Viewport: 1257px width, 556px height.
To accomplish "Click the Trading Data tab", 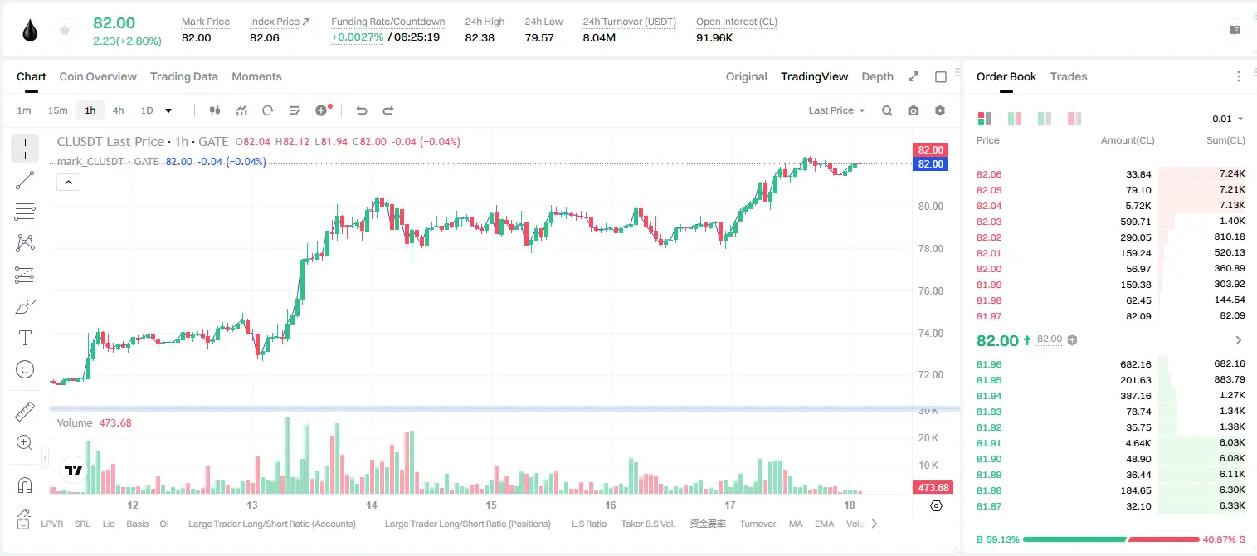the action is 183,76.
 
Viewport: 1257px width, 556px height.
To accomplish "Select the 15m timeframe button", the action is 57,110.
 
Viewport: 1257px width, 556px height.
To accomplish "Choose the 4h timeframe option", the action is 118,110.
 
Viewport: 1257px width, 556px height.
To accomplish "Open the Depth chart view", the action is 877,76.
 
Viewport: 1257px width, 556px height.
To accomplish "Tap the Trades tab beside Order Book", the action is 1069,76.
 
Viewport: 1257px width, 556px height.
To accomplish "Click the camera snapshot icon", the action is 914,110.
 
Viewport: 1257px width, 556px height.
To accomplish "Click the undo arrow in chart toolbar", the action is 362,110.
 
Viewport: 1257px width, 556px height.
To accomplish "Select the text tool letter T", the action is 25,338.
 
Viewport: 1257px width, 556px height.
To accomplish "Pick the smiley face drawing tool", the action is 25,369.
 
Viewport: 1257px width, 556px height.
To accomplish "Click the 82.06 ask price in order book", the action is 989,174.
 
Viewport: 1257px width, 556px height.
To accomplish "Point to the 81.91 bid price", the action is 989,443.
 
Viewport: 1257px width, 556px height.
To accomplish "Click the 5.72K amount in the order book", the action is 1138,206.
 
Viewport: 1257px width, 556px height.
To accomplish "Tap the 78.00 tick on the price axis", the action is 930,249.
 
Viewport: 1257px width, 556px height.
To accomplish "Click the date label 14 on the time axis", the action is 372,505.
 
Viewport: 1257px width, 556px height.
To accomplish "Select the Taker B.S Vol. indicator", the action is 647,524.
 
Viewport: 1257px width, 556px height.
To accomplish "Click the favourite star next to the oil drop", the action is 65,30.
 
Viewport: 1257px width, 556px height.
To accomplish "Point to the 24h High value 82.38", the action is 480,37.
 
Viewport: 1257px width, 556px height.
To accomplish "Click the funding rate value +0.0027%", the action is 358,37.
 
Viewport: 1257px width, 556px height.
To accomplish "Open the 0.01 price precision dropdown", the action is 1228,119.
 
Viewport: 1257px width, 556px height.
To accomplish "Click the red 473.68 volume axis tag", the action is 933,488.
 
